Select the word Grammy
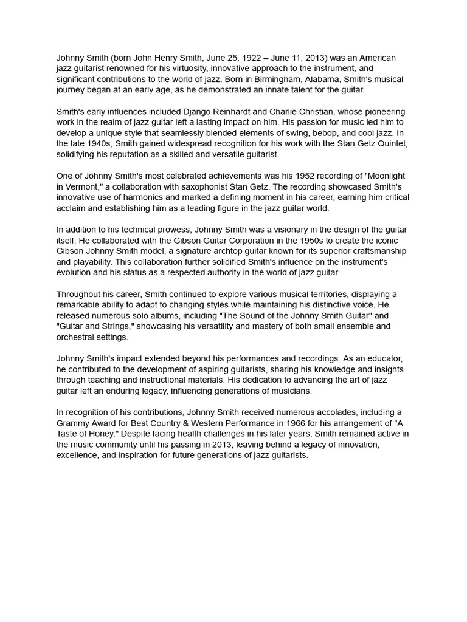72,423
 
